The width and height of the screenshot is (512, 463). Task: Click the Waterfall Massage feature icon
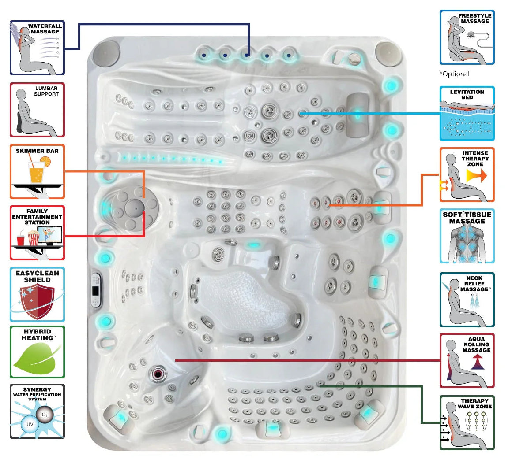tap(37, 48)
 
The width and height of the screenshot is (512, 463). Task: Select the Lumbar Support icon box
tap(37, 110)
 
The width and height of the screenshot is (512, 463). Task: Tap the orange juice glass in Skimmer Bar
tap(36, 172)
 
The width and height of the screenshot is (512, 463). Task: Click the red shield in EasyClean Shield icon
tap(38, 301)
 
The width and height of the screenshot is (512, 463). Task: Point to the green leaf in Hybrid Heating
tap(35, 358)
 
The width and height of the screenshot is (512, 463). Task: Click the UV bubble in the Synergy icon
tap(30, 424)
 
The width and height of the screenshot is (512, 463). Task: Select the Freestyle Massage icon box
tap(467, 37)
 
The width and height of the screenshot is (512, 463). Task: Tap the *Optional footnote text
tap(454, 74)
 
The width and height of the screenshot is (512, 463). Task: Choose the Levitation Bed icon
tap(467, 113)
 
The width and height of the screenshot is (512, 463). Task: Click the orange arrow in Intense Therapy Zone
tap(476, 176)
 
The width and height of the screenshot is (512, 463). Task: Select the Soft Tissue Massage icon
tap(467, 236)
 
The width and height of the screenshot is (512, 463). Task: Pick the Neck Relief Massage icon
tap(467, 300)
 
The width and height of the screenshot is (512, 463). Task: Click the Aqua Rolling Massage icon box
tap(467, 360)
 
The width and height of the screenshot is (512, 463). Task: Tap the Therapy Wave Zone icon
tap(467, 422)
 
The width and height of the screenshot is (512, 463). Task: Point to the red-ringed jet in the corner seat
tap(158, 374)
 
